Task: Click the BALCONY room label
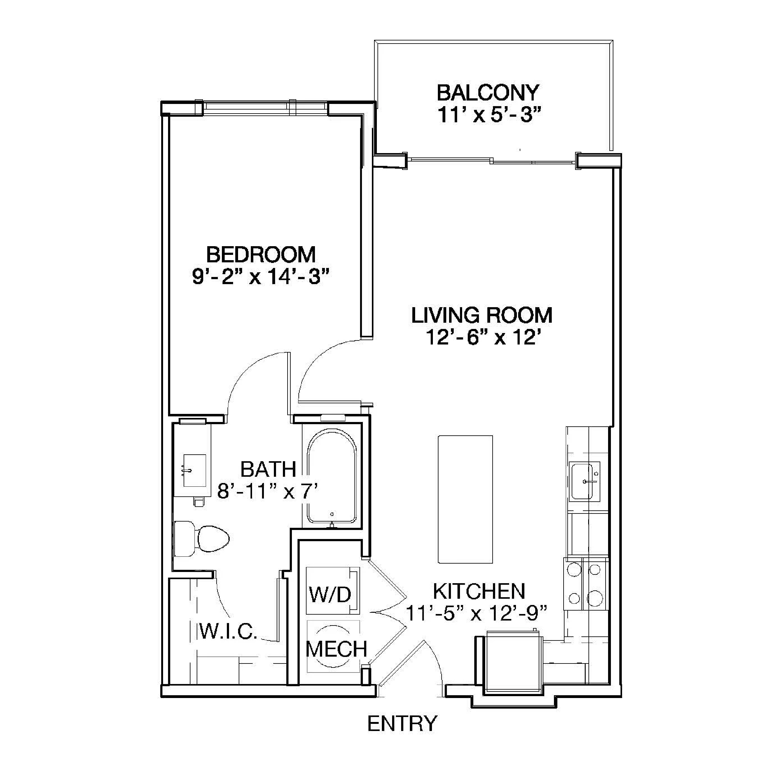click(x=487, y=93)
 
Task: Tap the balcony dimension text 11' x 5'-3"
click(x=488, y=115)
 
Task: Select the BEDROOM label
click(x=261, y=255)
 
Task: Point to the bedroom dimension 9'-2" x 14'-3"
click(x=261, y=277)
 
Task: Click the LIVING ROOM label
click(x=482, y=315)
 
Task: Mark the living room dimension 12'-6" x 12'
click(x=482, y=337)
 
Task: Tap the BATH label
click(x=268, y=469)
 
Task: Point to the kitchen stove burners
click(x=586, y=588)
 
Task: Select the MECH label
click(x=337, y=649)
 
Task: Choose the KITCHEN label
click(x=479, y=591)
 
